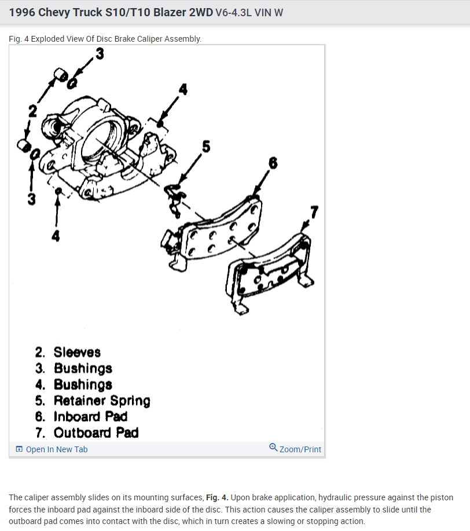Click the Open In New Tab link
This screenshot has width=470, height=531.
[56, 449]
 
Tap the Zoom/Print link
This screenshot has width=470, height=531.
[300, 449]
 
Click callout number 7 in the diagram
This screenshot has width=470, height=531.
[314, 212]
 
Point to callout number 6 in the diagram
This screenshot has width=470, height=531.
[273, 163]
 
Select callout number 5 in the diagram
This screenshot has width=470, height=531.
[205, 147]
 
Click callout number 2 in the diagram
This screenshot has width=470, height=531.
[33, 111]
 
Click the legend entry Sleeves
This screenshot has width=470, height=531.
[68, 352]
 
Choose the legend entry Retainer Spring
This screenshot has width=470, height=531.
[93, 401]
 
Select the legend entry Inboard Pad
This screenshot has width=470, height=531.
[82, 416]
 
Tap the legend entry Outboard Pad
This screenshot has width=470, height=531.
[87, 433]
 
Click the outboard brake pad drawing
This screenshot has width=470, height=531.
[270, 272]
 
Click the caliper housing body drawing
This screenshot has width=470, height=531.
[98, 139]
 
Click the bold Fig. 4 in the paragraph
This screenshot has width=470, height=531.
[217, 497]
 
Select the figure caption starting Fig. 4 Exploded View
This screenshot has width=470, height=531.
[105, 39]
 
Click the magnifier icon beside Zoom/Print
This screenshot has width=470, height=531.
[273, 448]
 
